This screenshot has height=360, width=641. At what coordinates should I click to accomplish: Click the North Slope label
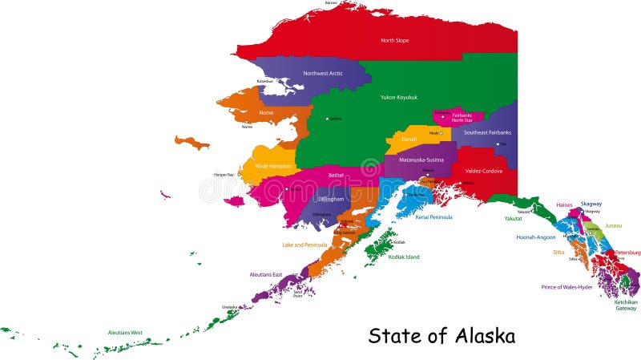coord(395,40)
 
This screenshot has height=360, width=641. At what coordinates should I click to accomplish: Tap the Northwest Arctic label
coord(323,73)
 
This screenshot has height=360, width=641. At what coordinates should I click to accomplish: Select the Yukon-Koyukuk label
coord(399,96)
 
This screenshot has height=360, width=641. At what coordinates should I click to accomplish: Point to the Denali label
coord(409,139)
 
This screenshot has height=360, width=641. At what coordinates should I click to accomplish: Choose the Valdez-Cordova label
coord(484,170)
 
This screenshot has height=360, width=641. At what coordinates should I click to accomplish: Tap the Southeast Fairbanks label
coord(487,132)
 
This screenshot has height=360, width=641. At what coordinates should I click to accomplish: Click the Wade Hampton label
coord(273,165)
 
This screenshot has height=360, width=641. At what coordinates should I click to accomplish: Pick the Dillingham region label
coord(331,198)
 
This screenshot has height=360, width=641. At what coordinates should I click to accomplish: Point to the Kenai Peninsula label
coord(433,216)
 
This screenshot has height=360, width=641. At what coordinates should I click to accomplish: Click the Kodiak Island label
coord(404,257)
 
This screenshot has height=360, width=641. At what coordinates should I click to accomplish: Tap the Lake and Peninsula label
coord(304,245)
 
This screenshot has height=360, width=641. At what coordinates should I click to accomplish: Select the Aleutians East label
coord(265,275)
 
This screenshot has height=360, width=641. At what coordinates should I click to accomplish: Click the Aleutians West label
coord(125,332)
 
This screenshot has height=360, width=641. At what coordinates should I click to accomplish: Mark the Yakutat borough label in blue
coord(514,218)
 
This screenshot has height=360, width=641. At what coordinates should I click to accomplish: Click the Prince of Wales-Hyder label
coord(566,287)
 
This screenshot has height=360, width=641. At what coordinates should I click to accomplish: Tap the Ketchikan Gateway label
coord(626,305)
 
